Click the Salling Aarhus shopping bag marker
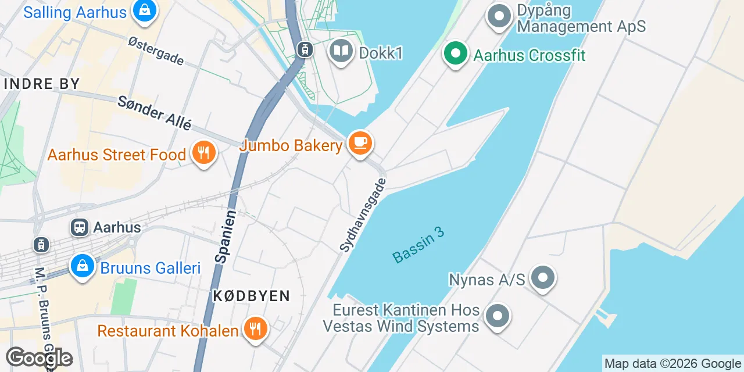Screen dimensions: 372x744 (x=144, y=10)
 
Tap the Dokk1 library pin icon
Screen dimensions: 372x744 (x=341, y=51)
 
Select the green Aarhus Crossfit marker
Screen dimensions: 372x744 (x=456, y=53)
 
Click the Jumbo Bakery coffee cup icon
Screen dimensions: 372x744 (x=360, y=142)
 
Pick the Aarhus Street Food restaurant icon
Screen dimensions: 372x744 (x=203, y=153)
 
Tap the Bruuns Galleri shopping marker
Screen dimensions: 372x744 (x=83, y=267)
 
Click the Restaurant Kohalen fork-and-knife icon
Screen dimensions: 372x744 (x=255, y=329)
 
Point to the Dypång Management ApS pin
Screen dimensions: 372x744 (x=499, y=17)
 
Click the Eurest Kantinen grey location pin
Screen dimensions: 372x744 (x=498, y=317)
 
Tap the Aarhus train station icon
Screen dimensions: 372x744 (x=79, y=227)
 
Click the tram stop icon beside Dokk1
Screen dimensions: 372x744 (x=304, y=50)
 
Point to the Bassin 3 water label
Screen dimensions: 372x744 (x=418, y=244)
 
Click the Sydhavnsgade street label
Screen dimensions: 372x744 (x=363, y=215)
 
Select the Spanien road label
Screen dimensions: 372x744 (x=225, y=237)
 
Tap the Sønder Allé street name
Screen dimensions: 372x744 (x=154, y=113)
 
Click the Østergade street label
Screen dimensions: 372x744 (x=156, y=51)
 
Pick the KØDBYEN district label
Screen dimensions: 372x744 (x=251, y=296)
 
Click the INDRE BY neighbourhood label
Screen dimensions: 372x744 (x=41, y=84)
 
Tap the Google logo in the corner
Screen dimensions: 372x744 (x=39, y=358)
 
